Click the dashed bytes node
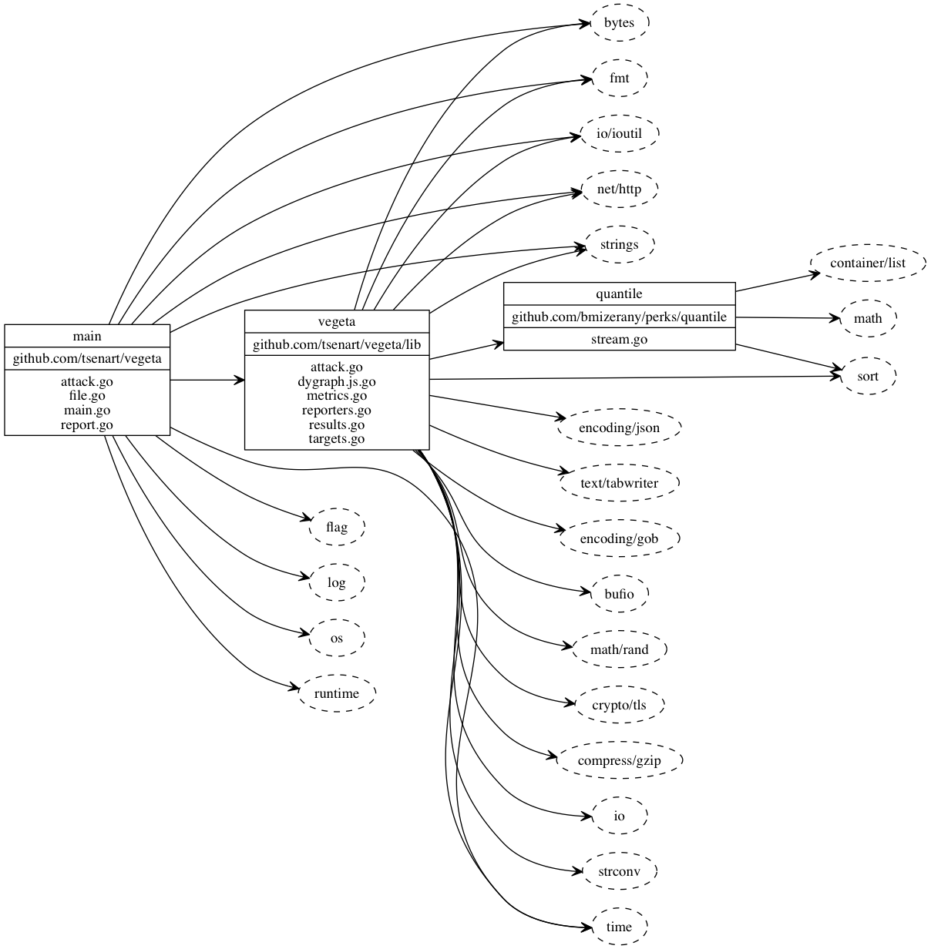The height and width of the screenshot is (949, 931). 619,23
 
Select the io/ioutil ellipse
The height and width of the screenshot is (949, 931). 619,134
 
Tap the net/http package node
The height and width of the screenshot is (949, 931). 619,189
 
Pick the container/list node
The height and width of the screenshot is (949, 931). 867,263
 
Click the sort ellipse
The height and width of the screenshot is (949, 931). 867,377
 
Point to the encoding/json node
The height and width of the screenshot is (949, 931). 619,428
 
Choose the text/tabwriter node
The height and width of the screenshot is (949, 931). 619,483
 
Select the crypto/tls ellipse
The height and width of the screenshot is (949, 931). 619,705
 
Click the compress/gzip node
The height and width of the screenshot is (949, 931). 619,761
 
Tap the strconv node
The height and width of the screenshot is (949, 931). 619,872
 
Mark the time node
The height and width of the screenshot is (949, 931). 619,927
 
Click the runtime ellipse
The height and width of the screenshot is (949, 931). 337,693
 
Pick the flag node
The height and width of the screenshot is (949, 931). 337,527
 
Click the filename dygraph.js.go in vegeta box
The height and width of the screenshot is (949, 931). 337,382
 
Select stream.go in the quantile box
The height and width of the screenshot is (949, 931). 619,339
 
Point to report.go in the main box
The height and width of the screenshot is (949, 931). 87,424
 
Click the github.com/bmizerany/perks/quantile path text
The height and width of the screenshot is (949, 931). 619,317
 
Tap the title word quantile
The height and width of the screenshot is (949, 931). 619,293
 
